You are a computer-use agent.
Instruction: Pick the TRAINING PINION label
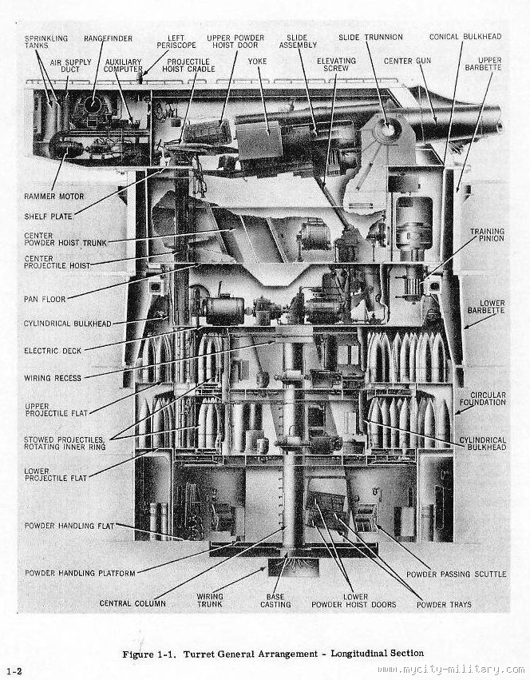point(487,237)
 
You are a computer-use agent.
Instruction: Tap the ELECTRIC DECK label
point(53,350)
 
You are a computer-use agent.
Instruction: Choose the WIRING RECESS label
point(53,378)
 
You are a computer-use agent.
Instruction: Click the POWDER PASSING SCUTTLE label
point(456,574)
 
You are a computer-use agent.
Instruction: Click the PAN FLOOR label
point(45,298)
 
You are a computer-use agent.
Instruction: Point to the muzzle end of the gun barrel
point(496,117)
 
